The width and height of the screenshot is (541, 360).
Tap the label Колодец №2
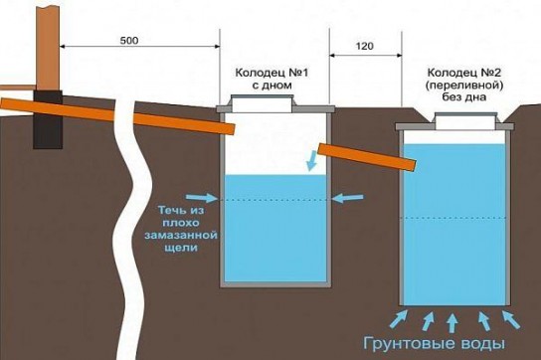[461, 73]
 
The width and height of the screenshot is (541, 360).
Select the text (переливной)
[461, 87]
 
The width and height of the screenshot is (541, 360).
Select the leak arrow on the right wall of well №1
[346, 198]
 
